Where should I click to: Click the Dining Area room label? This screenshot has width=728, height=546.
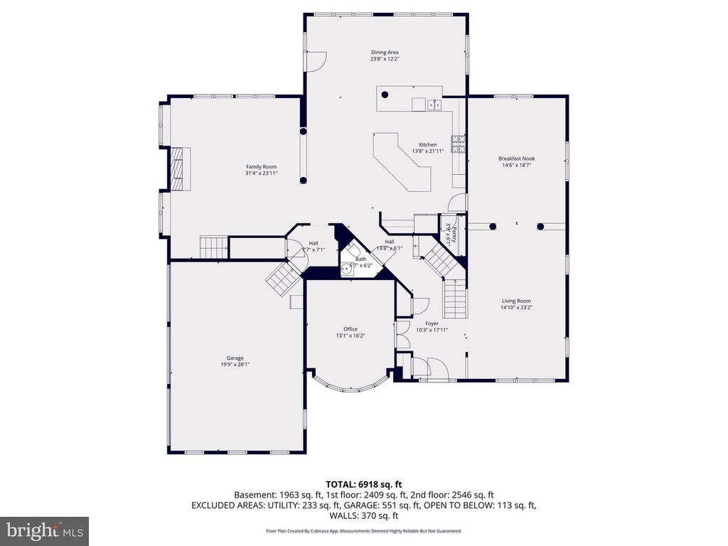[384, 52]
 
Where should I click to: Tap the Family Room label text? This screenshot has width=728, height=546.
[261, 166]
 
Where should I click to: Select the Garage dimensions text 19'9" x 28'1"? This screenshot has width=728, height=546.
[235, 364]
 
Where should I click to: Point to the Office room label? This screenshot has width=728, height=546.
[350, 329]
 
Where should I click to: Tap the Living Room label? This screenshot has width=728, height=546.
[516, 301]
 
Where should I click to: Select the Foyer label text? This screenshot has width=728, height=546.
[432, 323]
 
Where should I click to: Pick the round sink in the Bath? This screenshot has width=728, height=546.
[348, 268]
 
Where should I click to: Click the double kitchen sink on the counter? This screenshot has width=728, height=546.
[434, 105]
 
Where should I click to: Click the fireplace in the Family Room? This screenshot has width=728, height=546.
[178, 169]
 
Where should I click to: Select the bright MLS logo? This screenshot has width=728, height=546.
[44, 530]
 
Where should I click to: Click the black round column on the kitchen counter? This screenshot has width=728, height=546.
[385, 95]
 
